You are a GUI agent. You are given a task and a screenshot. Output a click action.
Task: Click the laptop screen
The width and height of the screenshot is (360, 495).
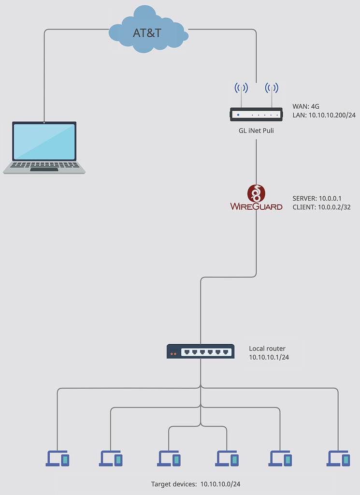[x=44, y=142]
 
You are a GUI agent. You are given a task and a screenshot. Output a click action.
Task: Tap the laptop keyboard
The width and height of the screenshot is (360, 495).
[x=44, y=165]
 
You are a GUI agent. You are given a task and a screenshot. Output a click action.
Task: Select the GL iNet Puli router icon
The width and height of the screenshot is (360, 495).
[x=256, y=114]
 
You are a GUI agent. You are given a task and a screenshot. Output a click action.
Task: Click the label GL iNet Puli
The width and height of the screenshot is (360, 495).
[x=256, y=131]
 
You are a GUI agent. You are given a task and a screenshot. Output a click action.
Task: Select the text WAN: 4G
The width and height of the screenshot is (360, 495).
[x=306, y=106]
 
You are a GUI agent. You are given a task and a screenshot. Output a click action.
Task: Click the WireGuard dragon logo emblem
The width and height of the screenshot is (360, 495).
[x=256, y=193]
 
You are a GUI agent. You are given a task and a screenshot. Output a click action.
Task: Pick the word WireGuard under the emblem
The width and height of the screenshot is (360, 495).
[x=256, y=207]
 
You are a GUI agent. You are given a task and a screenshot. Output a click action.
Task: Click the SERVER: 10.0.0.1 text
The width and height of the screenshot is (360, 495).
[x=317, y=198]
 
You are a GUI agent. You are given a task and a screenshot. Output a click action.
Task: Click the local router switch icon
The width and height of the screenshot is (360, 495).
[x=201, y=351]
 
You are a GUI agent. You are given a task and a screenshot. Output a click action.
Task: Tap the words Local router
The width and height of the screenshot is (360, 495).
[x=267, y=348]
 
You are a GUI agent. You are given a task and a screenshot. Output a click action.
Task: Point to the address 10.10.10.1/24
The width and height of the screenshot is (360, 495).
[x=269, y=357]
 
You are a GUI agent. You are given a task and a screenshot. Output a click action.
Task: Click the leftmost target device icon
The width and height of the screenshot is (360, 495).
[x=58, y=458]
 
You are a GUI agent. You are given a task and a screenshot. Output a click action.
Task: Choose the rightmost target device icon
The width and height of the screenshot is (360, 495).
[x=338, y=458]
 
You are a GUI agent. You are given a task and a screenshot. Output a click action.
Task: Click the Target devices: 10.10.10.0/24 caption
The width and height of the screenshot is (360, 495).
[x=196, y=484]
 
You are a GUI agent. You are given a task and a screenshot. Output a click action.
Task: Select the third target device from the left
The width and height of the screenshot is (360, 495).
[x=169, y=458]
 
